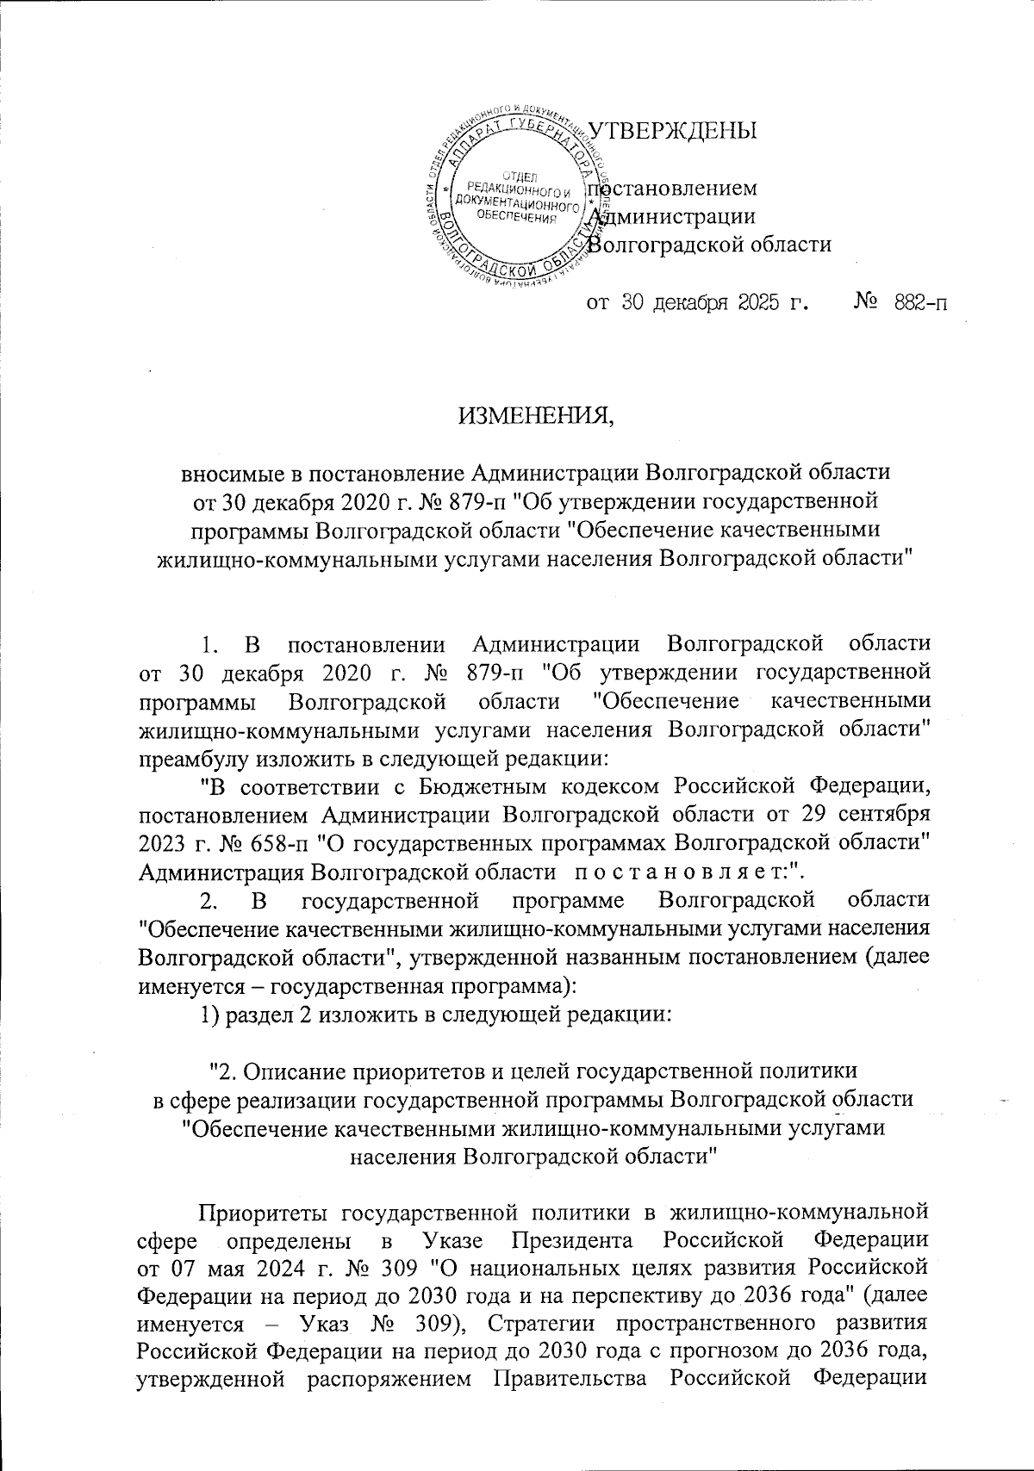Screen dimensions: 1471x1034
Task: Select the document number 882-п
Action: [x=914, y=303]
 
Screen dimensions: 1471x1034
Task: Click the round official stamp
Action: [x=515, y=199]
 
